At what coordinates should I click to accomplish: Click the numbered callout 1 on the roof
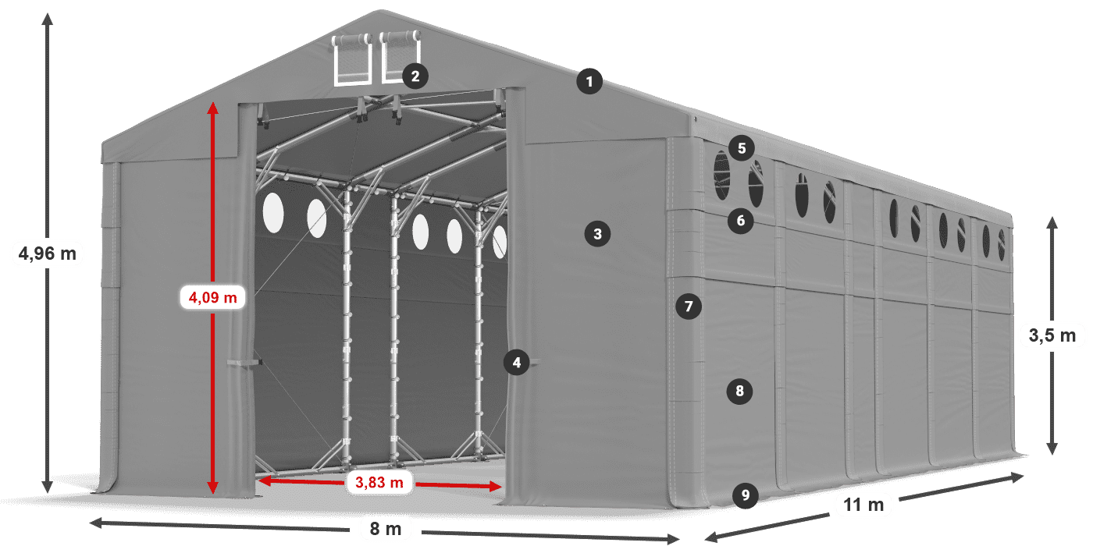(x=590, y=81)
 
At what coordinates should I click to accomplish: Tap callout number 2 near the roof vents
(x=415, y=76)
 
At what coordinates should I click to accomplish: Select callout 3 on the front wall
(x=597, y=232)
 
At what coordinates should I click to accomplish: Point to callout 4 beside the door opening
(x=515, y=361)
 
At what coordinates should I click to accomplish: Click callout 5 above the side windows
(x=741, y=147)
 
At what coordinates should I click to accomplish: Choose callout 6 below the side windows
(x=741, y=221)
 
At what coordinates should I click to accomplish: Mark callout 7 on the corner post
(x=688, y=307)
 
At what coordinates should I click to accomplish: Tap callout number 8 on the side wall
(x=740, y=390)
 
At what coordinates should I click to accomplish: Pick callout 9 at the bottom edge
(x=746, y=495)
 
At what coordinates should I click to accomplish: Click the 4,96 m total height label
(x=47, y=253)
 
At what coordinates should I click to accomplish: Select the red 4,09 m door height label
(x=212, y=297)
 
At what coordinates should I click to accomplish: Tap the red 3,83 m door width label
(x=379, y=484)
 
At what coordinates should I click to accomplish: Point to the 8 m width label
(x=385, y=529)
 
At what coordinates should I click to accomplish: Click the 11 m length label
(x=863, y=505)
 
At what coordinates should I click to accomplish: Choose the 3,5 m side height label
(x=1052, y=336)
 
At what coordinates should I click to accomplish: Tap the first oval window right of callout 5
(x=756, y=185)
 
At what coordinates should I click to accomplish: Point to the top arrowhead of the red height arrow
(x=212, y=106)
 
